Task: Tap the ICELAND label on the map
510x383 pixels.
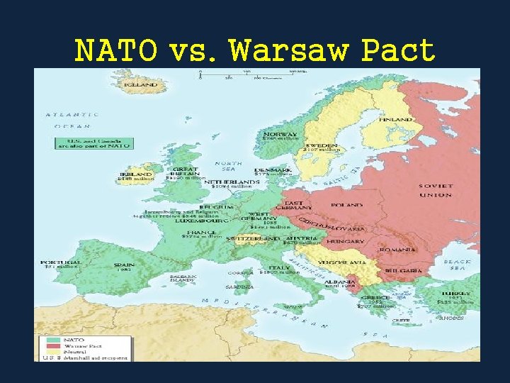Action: point(142,84)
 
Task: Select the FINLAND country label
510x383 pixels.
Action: point(396,120)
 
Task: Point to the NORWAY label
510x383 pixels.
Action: point(280,134)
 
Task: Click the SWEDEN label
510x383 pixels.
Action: point(322,145)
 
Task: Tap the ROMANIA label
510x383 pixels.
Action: point(398,250)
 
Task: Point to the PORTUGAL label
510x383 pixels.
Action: point(61,262)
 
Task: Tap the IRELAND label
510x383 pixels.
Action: point(136,174)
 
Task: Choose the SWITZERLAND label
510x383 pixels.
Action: point(253,239)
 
